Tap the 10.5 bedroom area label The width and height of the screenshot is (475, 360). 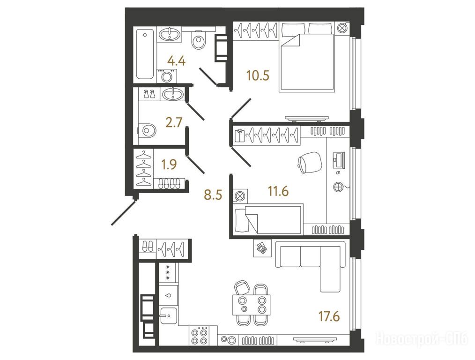pos(258,75)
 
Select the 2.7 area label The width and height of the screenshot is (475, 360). pos(174,123)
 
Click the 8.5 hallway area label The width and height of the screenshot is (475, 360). pos(213,195)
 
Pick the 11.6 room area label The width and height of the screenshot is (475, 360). pos(278,192)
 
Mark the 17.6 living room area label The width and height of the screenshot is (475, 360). pos(329,316)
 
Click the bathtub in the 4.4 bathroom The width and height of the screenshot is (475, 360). pos(145,54)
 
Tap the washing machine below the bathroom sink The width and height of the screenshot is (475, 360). pos(166,75)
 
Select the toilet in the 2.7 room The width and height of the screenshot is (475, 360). pos(147,131)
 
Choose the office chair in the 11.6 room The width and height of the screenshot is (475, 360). pos(310,163)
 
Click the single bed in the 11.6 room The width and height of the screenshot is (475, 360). pos(268,219)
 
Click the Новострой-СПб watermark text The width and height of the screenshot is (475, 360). pos(422,338)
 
